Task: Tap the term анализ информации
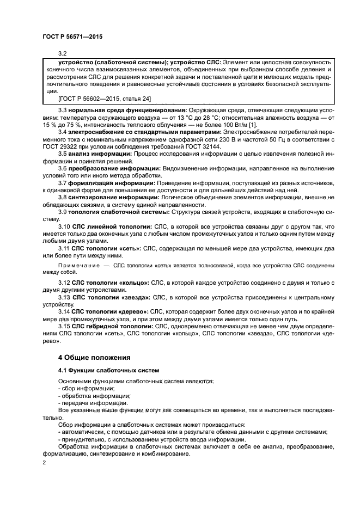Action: pos(100,154)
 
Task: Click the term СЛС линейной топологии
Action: pos(107,226)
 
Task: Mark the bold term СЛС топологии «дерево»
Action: pos(112,312)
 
